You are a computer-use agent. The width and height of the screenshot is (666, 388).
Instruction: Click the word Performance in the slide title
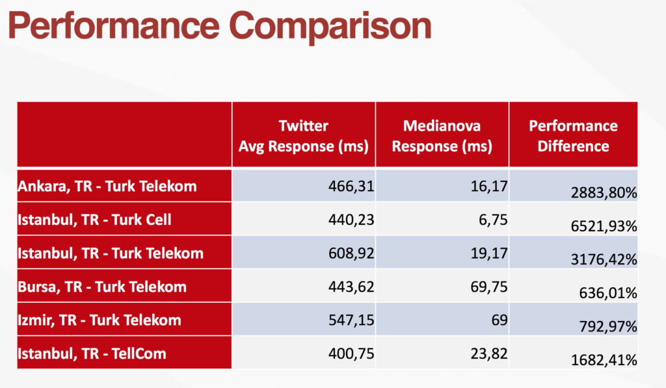(114, 27)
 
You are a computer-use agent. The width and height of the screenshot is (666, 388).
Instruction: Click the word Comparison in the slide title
(330, 27)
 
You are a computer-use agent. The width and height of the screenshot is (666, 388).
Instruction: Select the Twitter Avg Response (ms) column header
(303, 136)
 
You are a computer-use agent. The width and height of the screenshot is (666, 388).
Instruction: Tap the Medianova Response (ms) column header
(442, 136)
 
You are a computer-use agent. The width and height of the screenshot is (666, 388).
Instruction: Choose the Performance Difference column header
(573, 136)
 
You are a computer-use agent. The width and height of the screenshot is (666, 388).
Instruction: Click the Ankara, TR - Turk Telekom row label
(107, 187)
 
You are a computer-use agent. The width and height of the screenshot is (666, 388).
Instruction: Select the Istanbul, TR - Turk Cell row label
(94, 220)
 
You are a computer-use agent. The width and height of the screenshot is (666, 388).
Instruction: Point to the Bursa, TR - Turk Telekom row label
(102, 287)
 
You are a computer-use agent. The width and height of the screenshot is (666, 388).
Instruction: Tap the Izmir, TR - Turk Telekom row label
(100, 320)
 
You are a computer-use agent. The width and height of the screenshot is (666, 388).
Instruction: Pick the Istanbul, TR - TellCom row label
(92, 354)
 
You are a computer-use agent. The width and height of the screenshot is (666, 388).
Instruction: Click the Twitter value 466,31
(351, 187)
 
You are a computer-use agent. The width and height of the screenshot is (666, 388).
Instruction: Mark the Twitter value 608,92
(351, 253)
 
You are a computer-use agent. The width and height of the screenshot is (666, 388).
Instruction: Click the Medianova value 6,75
(493, 220)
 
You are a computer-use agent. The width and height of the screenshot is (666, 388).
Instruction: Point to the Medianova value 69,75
(489, 287)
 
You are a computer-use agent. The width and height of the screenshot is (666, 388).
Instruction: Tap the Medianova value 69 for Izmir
(499, 320)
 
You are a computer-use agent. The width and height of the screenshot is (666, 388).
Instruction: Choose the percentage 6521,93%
(604, 226)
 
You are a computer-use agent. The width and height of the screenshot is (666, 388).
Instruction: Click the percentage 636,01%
(608, 293)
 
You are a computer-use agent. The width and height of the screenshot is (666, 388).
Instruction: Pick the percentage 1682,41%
(604, 360)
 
